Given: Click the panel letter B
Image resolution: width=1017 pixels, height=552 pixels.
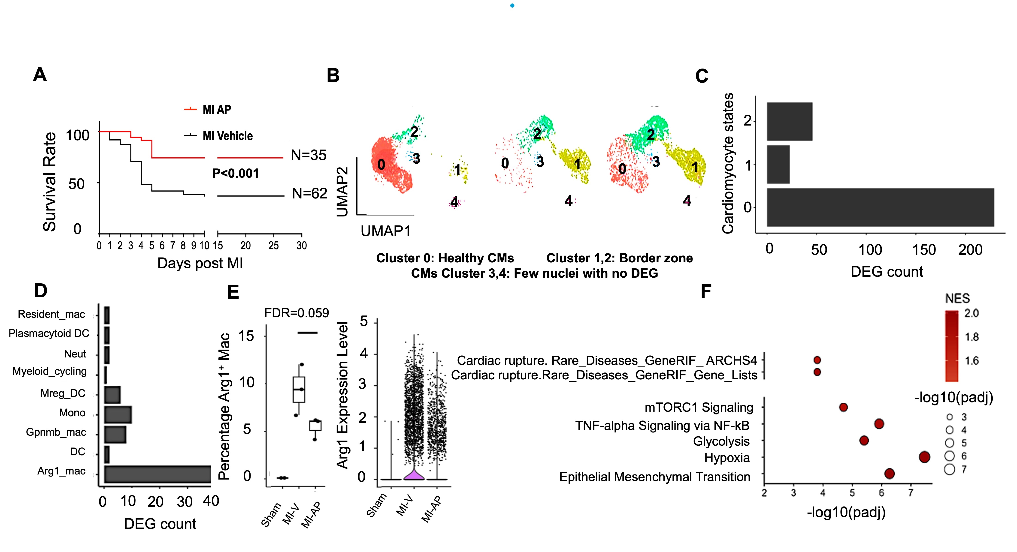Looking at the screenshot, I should click(333, 75).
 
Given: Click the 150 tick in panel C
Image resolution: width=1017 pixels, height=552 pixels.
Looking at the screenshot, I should click(923, 250).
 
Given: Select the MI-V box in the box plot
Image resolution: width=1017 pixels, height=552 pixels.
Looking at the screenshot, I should click(299, 390).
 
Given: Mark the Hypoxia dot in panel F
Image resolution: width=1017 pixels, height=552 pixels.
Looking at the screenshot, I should click(924, 457).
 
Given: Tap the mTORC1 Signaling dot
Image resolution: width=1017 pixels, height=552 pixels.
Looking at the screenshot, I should click(843, 407).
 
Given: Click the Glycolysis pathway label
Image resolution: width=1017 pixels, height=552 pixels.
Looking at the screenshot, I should click(721, 441).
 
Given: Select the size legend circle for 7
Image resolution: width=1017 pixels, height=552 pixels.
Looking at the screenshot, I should click(950, 470).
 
